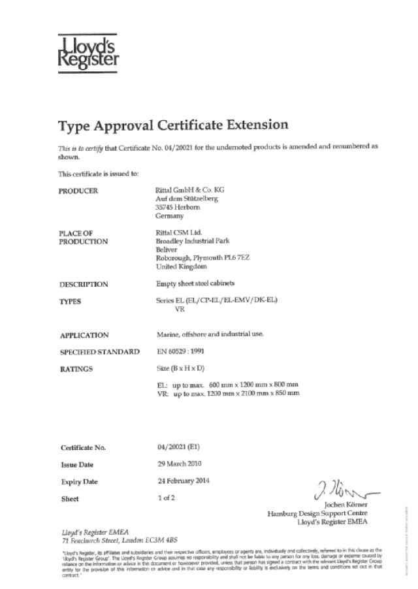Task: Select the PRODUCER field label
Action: click(78, 191)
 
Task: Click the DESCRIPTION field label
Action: click(84, 285)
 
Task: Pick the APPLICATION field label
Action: click(84, 335)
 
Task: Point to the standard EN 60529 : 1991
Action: click(185, 351)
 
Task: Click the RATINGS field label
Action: click(76, 369)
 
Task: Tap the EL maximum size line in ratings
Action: click(227, 385)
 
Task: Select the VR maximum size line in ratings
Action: click(228, 394)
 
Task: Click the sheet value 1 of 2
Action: click(167, 498)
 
